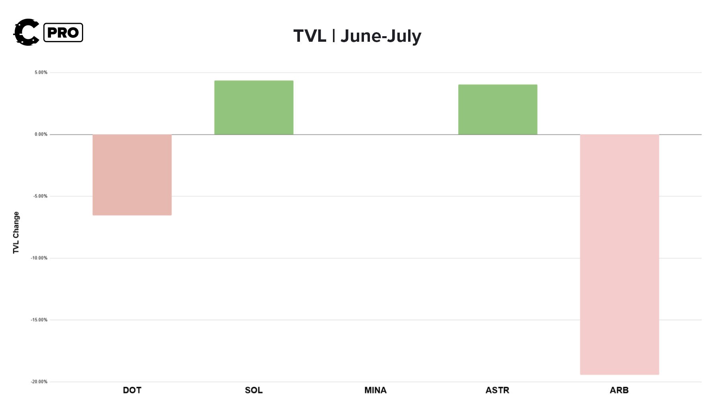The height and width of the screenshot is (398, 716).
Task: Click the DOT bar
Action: click(132, 175)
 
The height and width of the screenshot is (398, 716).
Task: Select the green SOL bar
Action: click(254, 107)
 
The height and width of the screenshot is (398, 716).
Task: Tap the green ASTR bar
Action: click(498, 109)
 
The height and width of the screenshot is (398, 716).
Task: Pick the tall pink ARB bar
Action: click(619, 254)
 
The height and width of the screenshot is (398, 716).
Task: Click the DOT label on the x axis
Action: click(132, 390)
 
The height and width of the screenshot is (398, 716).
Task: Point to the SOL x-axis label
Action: click(254, 390)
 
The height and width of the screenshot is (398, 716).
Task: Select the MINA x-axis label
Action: click(376, 390)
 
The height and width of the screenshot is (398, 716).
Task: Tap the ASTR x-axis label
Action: click(497, 390)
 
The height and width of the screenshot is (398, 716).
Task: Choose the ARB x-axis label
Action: click(619, 390)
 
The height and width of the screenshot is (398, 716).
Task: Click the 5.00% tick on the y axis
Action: click(41, 72)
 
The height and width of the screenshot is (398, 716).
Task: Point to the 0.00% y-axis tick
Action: click(41, 134)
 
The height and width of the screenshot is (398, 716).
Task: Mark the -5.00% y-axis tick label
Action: click(40, 196)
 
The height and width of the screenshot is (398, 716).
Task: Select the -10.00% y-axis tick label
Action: click(39, 258)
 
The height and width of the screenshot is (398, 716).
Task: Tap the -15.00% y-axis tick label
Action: click(39, 320)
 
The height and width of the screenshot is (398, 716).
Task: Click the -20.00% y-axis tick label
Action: click(39, 382)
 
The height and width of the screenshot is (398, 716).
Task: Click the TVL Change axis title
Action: click(16, 233)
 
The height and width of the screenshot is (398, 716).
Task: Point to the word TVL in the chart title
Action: click(309, 36)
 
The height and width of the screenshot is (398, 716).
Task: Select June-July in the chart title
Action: click(381, 36)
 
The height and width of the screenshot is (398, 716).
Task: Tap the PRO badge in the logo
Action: click(63, 33)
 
